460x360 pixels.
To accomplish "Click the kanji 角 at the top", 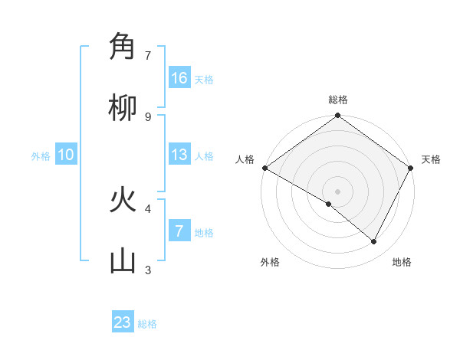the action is pos(123,47).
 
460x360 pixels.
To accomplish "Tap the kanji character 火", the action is pos(123,201).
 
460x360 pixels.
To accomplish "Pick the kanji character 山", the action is pos(123,261).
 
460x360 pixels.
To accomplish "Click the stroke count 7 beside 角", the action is pos(148,56).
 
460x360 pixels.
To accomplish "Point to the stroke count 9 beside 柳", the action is pos(148,116).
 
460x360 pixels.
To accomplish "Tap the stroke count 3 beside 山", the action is pos(148,270).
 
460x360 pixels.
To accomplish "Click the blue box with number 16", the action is pos(179,78).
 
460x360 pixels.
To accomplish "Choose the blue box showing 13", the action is pos(179,155).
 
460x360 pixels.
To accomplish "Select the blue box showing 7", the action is pos(179,231).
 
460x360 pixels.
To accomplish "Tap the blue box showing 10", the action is pos(66,155).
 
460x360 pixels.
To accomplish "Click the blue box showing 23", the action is pos(123,322).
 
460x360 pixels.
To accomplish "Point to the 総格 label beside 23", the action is pos(147,324).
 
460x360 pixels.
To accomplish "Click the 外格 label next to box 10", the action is pos(41,156).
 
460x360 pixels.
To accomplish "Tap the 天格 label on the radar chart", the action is pos(431,159).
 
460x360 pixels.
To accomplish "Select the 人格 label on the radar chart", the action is pos(245,159).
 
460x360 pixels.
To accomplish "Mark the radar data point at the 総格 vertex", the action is pos(337,116).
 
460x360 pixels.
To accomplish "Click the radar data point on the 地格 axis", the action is pos(374,242).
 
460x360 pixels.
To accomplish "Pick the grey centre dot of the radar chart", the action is pos(337,191).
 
